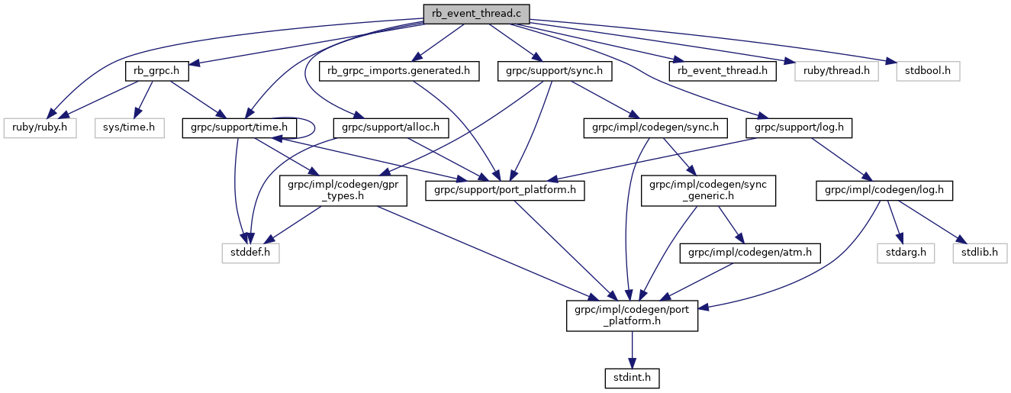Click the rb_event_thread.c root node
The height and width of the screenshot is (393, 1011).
[x=476, y=13]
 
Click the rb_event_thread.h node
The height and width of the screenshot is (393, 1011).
[x=723, y=72]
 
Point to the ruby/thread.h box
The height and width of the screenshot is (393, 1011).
[x=836, y=72]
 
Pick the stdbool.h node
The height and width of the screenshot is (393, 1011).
[x=922, y=72]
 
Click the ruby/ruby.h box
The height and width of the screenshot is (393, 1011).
[x=39, y=127]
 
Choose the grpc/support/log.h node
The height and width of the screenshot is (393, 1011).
[x=799, y=127]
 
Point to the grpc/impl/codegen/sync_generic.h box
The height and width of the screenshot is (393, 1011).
[x=708, y=190]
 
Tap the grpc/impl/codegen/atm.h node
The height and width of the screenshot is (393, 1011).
[x=750, y=253]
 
